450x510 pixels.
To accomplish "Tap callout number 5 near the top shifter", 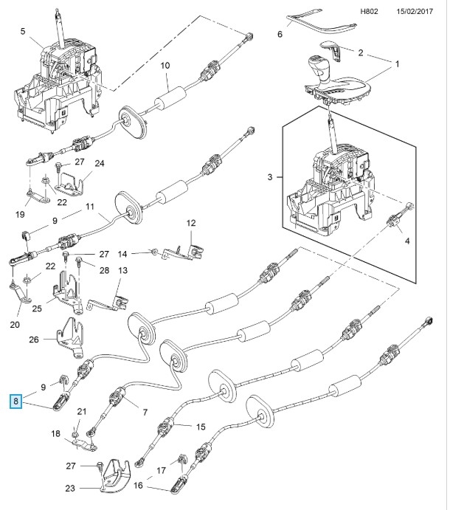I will click(23, 31).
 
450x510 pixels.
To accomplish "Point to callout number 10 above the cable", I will click(165, 66).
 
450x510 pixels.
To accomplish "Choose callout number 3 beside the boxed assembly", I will click(270, 178).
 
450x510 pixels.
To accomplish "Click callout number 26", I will click(34, 340).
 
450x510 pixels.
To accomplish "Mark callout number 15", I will click(200, 427).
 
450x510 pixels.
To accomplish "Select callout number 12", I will click(190, 223).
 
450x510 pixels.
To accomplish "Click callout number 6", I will click(280, 35).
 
